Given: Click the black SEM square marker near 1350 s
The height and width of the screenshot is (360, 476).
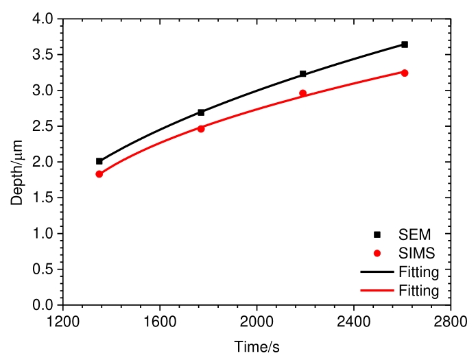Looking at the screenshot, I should click(99, 161).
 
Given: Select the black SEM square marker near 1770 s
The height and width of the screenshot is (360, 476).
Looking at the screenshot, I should click(201, 112).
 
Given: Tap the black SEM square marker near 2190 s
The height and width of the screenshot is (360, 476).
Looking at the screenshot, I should click(303, 73).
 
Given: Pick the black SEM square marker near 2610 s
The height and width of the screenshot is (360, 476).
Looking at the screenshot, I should click(405, 45).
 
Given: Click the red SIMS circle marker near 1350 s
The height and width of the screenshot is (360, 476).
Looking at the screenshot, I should click(99, 174).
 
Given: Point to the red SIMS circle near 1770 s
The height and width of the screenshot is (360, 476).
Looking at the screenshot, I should click(201, 128).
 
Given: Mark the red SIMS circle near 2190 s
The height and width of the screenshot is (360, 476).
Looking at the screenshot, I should click(303, 93).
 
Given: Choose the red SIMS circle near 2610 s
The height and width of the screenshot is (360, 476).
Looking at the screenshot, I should click(405, 73).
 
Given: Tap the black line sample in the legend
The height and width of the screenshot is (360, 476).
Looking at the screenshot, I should click(377, 272).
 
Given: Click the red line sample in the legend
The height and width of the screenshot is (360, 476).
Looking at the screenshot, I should click(377, 291).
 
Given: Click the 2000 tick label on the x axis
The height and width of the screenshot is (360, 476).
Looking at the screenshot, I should click(257, 321).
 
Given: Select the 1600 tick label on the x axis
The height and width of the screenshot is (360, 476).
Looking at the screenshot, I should click(160, 321).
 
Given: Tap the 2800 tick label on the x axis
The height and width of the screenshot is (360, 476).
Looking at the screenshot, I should click(451, 321).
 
